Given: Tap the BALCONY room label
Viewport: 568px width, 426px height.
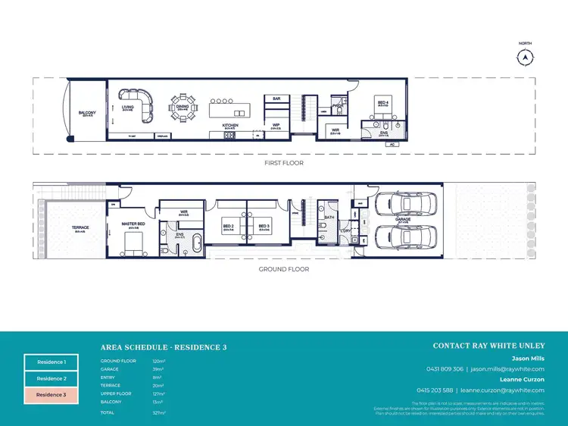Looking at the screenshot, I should point(86,114).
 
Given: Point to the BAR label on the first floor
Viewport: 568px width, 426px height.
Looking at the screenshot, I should point(277,99).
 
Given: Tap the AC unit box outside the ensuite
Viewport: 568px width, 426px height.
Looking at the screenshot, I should point(392,143).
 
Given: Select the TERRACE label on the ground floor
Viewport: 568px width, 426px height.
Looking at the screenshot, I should point(80,228).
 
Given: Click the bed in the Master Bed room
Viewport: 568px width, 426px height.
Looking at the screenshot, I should point(135,244).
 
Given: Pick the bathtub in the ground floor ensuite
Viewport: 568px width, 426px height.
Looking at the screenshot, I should point(197,244).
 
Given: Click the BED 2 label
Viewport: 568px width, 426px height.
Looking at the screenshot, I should point(228,226).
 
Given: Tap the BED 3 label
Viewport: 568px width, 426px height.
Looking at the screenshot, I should point(264,226).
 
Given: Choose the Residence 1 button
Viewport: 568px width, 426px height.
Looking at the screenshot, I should point(50,362).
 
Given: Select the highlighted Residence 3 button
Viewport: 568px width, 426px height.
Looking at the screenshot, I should point(50,394).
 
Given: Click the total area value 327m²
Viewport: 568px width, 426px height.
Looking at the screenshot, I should point(160,413).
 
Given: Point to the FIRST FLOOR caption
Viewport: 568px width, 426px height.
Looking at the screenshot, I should point(283,163).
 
